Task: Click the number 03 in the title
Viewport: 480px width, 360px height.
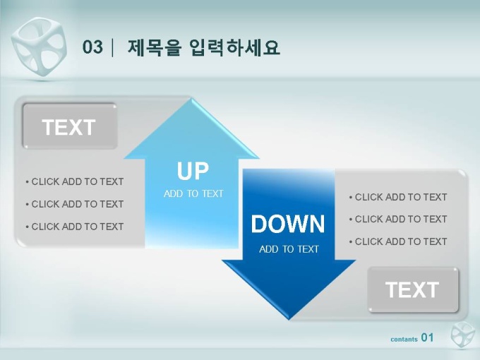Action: point(92,47)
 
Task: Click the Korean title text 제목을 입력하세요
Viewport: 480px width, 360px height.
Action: point(203,48)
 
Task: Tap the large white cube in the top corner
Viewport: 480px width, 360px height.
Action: point(40,47)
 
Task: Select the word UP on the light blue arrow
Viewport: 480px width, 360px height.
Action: point(193,171)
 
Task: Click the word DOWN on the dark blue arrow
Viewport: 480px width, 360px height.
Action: point(288,224)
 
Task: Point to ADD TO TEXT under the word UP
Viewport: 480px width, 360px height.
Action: point(193,193)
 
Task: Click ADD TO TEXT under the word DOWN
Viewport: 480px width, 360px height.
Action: point(289,249)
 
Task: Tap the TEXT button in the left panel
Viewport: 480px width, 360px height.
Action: point(69,126)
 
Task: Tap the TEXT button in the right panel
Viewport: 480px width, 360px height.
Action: point(413,289)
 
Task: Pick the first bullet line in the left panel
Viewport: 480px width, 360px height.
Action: point(75,181)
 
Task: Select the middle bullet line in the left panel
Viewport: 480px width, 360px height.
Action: point(75,204)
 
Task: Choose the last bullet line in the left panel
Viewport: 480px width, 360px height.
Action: point(75,227)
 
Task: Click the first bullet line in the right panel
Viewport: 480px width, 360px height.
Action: point(398,197)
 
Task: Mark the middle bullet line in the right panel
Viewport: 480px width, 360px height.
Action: point(398,219)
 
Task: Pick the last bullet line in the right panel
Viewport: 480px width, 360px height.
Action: point(398,241)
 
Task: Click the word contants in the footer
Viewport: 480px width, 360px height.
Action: point(404,340)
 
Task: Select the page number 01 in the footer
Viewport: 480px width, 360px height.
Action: point(427,337)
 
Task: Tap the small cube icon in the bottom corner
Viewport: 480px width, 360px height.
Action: point(462,335)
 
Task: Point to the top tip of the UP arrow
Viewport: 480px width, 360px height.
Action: point(191,98)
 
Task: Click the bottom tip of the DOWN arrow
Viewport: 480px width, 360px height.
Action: point(289,320)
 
